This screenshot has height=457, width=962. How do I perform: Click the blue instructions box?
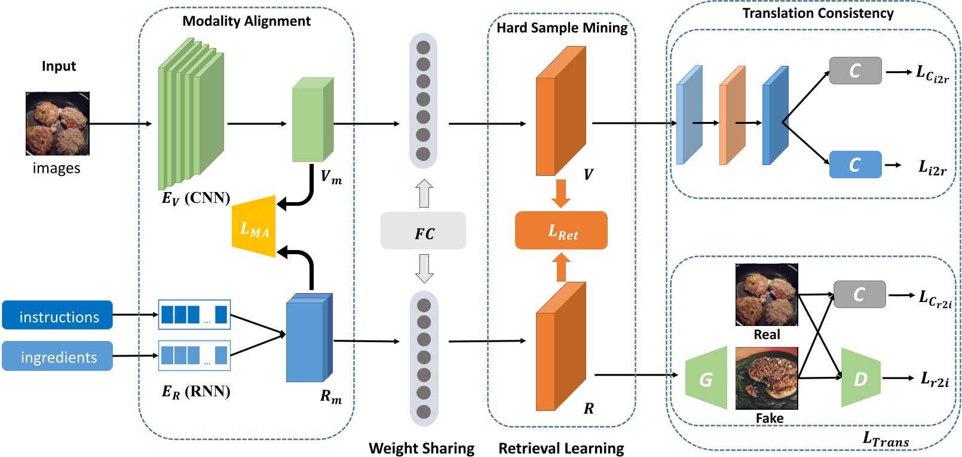click(57, 315)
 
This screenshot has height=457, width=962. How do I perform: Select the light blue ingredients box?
click(57, 356)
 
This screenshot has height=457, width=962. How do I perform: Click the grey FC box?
click(423, 231)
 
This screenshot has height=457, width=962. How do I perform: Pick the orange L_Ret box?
click(561, 230)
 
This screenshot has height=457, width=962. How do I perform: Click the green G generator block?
click(707, 378)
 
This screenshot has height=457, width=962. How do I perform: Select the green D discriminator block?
click(860, 378)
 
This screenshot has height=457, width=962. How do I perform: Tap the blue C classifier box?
click(855, 164)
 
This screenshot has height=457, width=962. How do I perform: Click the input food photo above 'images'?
click(57, 123)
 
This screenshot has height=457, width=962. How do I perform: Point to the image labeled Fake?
click(767, 378)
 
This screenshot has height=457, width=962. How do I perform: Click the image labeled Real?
click(767, 294)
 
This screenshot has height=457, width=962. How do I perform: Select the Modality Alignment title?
click(246, 22)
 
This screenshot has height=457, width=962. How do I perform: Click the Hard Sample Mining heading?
click(562, 28)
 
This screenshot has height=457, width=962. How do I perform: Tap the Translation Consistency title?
click(817, 13)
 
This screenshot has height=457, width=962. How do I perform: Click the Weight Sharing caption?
click(421, 448)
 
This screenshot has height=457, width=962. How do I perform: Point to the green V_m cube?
click(312, 121)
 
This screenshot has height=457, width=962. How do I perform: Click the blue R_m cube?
click(308, 338)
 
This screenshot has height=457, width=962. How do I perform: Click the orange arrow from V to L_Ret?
click(560, 193)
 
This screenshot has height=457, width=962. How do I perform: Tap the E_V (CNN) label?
click(196, 198)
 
